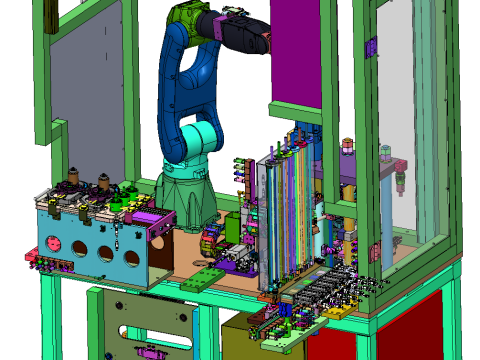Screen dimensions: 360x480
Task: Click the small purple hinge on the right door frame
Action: pyautogui.click(x=371, y=46)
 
